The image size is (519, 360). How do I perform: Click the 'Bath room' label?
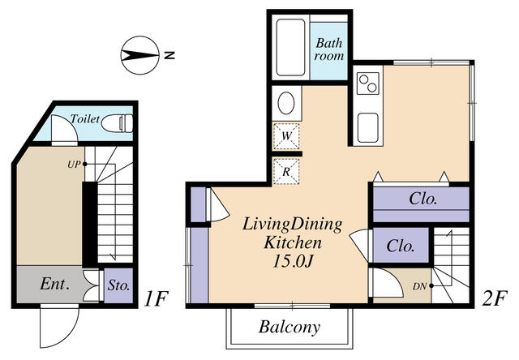[329, 49]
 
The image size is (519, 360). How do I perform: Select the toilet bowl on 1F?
[122, 123]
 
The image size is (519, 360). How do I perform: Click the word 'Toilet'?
[85, 119]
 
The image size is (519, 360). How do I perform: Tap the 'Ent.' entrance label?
[54, 285]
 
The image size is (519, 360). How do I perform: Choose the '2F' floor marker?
[493, 298]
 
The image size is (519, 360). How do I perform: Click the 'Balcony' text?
[290, 328]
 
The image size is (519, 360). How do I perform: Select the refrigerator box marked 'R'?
[287, 171]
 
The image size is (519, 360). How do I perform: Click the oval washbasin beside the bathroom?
[286, 103]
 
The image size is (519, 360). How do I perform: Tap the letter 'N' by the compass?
[169, 55]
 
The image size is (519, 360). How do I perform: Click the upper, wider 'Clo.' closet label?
[423, 198]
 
